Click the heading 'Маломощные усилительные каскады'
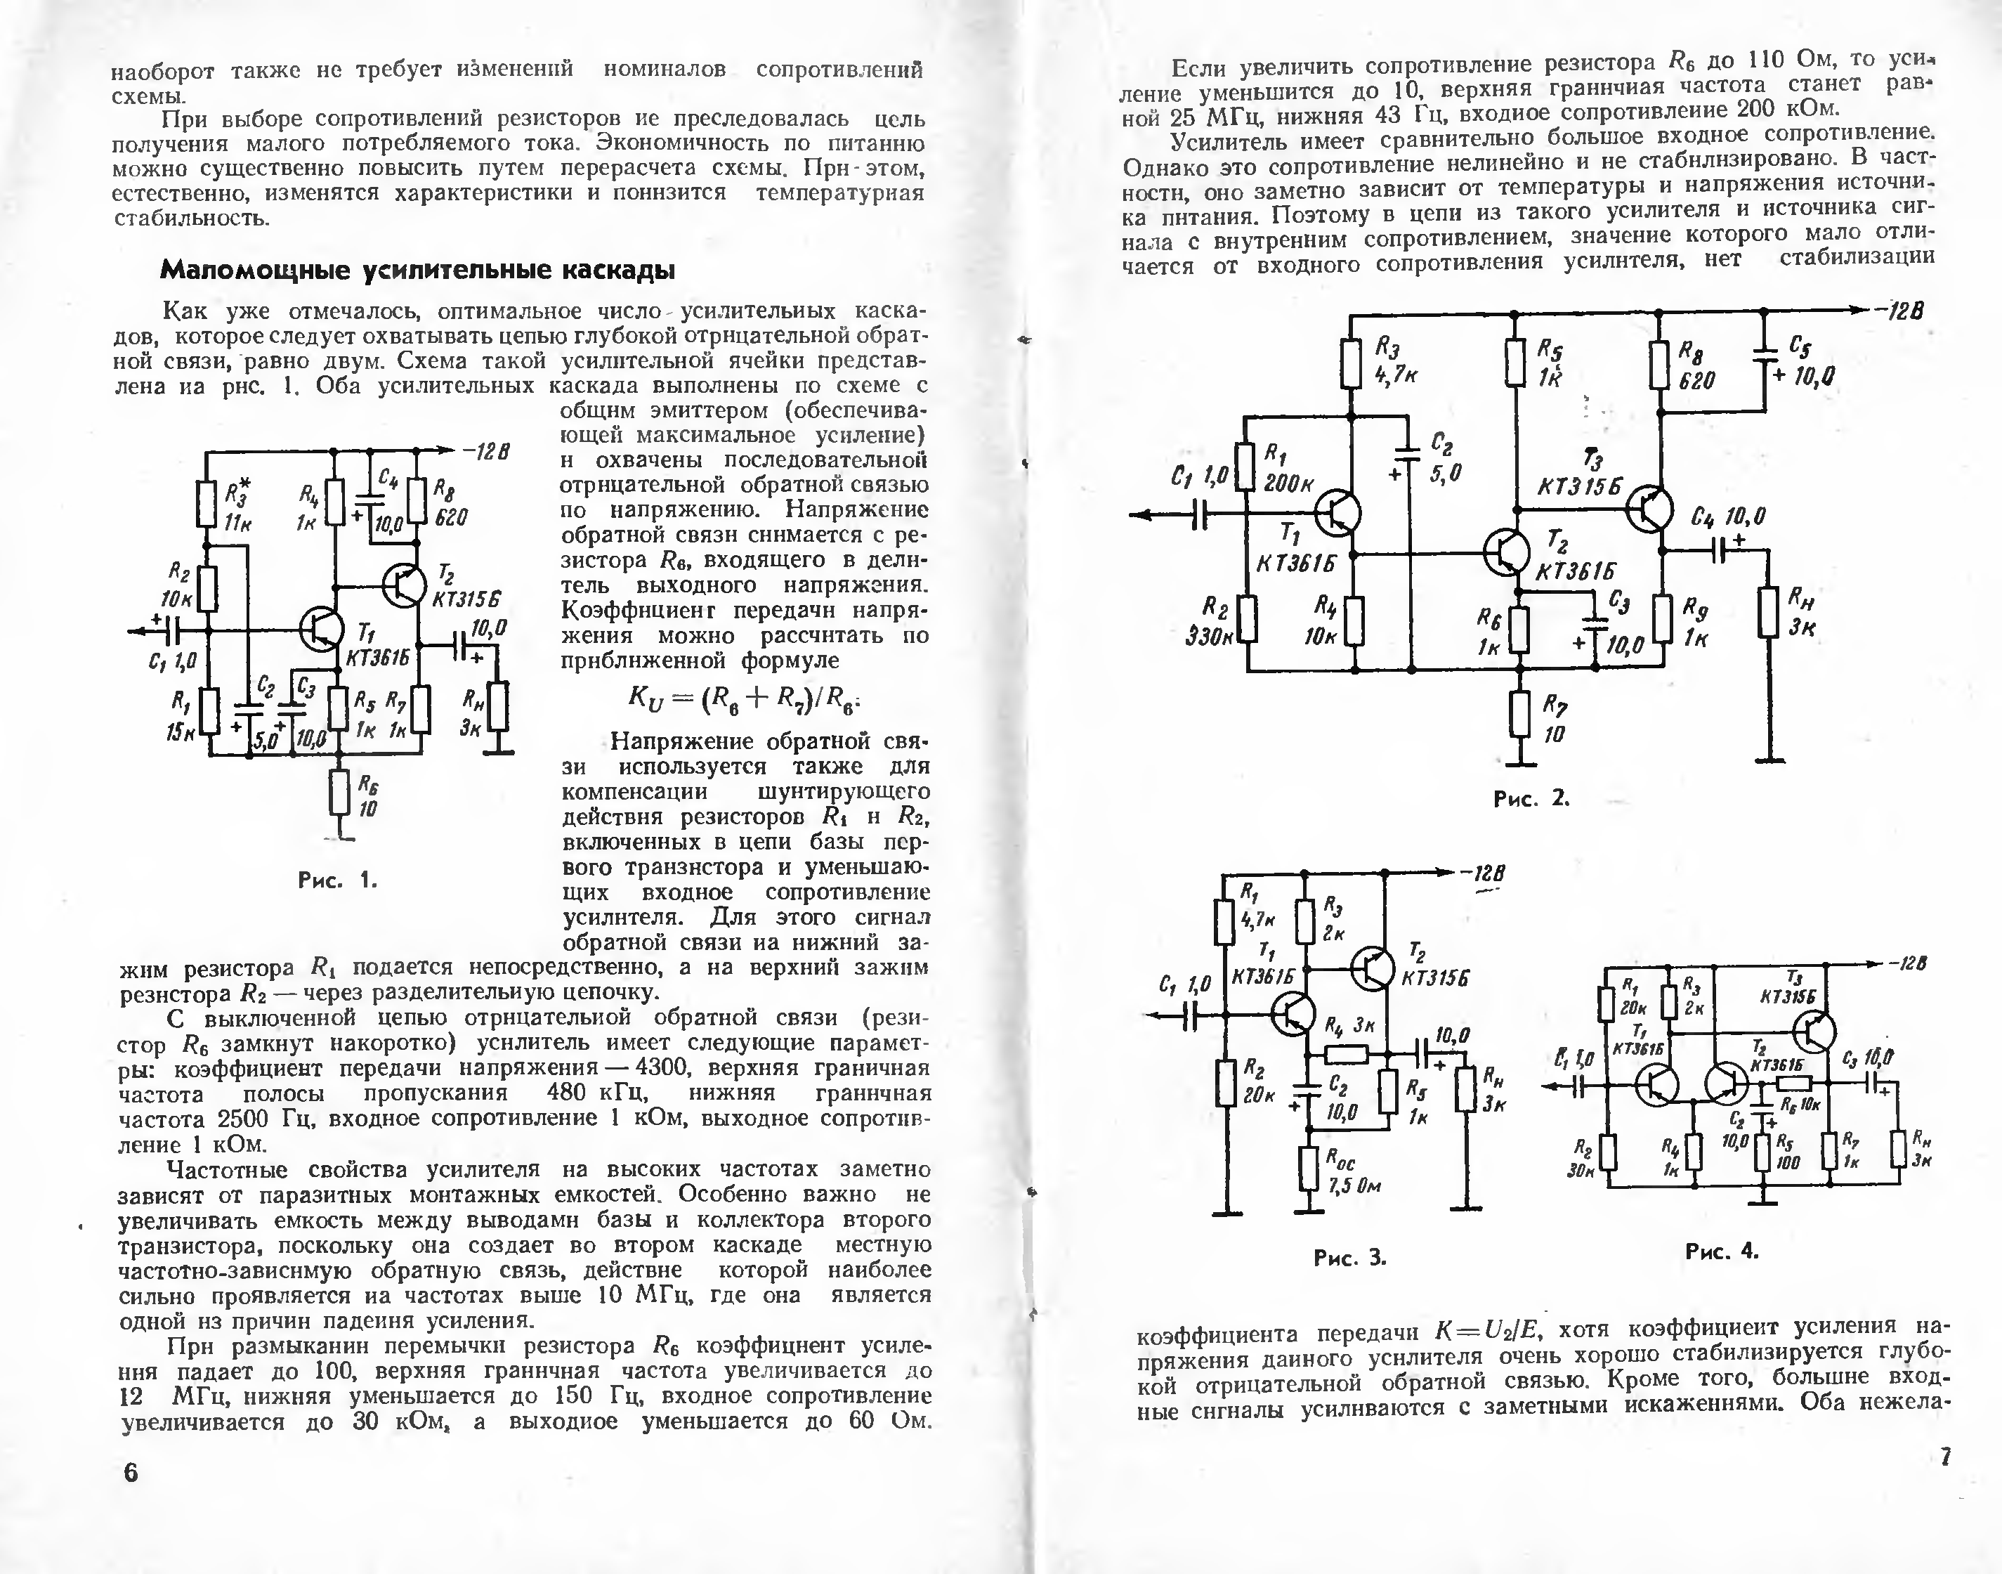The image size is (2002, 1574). click(x=417, y=270)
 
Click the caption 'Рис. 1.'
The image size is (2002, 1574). click(x=337, y=880)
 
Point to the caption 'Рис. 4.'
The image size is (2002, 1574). click(x=1722, y=1251)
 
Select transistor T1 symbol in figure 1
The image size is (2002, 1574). click(x=322, y=630)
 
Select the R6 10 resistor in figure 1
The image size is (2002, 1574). click(x=340, y=793)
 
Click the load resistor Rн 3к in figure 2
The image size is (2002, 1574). click(x=1767, y=612)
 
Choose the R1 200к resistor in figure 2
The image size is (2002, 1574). click(x=1245, y=467)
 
